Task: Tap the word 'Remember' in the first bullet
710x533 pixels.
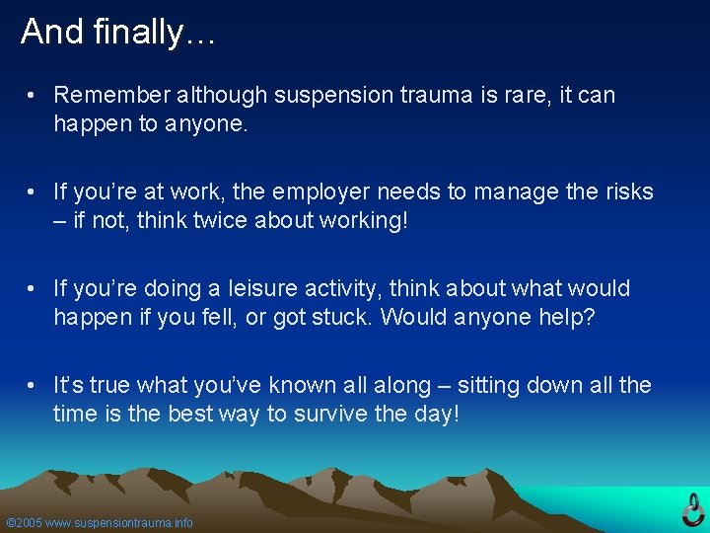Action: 109,95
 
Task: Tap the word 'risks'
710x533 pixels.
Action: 626,190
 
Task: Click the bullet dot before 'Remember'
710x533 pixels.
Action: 33,96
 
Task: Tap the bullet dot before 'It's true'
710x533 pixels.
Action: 33,386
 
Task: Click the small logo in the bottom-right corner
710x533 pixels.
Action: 693,508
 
